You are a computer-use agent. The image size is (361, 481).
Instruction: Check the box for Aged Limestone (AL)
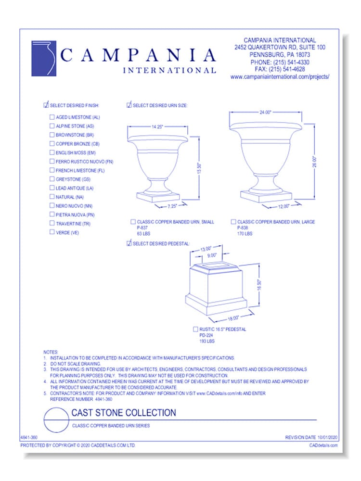pyautogui.click(x=52, y=117)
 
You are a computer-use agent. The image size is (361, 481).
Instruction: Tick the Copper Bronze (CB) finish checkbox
pyautogui.click(x=52, y=144)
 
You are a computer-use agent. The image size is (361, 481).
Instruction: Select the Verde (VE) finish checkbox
pyautogui.click(x=52, y=232)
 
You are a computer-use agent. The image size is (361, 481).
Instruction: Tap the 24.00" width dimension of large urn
pyautogui.click(x=266, y=112)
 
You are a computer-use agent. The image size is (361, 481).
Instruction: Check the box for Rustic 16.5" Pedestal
pyautogui.click(x=195, y=329)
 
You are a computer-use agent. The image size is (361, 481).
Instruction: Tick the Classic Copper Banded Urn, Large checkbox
pyautogui.click(x=233, y=222)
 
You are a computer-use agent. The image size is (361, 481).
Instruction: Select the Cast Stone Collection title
pyautogui.click(x=123, y=413)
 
